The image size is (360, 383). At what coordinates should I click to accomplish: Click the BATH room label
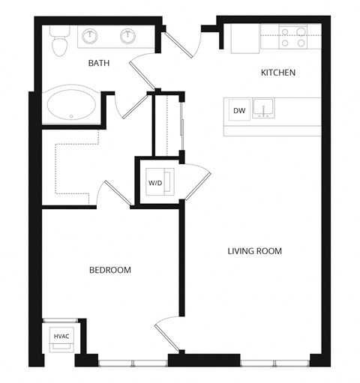point(98,64)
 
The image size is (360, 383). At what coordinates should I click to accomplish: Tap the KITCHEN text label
point(277,73)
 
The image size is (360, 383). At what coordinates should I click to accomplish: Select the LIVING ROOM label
point(254,251)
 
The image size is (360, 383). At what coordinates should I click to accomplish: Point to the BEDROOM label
point(110,270)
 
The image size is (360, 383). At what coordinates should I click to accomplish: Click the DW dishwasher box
point(239,111)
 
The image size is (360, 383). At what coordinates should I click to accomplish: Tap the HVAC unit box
point(61,337)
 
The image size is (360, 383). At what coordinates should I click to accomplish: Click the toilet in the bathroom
point(58,43)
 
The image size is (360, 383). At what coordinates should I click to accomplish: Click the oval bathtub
point(70,106)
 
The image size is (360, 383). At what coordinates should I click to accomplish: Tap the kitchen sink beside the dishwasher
point(263,110)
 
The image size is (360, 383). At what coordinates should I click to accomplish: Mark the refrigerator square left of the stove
point(244,39)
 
